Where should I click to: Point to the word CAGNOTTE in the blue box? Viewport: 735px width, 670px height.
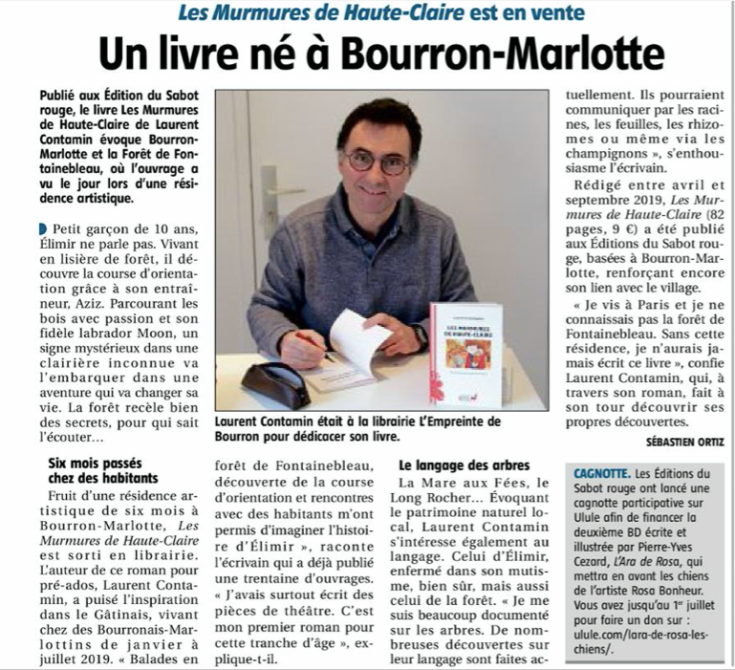click(601, 473)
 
